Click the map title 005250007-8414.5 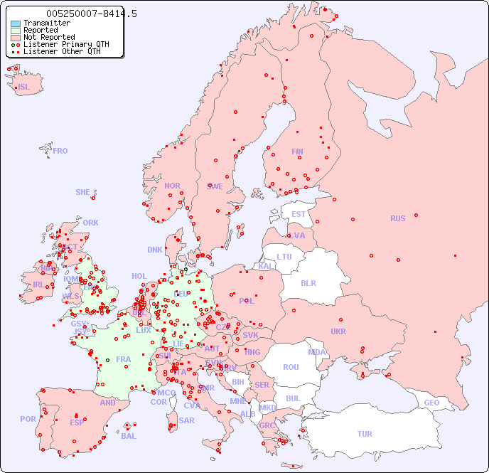pyautogui.click(x=92, y=14)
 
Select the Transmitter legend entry pyautogui.click(x=46, y=23)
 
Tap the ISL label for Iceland pyautogui.click(x=24, y=87)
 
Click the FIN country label pyautogui.click(x=297, y=152)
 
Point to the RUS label pyautogui.click(x=397, y=218)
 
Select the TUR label pyautogui.click(x=365, y=434)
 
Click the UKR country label pyautogui.click(x=338, y=331)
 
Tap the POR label pyautogui.click(x=28, y=419)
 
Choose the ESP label pyautogui.click(x=77, y=422)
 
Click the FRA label pyautogui.click(x=124, y=359)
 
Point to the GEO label pyautogui.click(x=431, y=403)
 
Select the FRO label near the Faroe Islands pyautogui.click(x=60, y=151)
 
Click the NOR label pyautogui.click(x=172, y=186)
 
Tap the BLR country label pyautogui.click(x=308, y=282)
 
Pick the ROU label pyautogui.click(x=291, y=367)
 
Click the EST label pyautogui.click(x=299, y=214)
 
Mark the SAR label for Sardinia pyautogui.click(x=186, y=420)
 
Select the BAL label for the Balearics pyautogui.click(x=128, y=436)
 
